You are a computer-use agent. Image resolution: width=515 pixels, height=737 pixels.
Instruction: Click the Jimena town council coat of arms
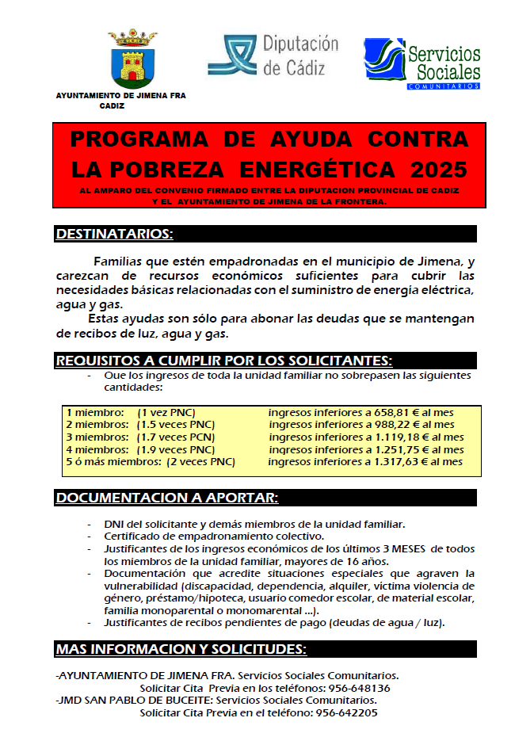pos(132,59)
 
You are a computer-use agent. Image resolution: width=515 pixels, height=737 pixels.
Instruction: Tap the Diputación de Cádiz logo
pos(273,56)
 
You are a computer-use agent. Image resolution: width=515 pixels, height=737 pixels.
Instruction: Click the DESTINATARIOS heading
pos(114,234)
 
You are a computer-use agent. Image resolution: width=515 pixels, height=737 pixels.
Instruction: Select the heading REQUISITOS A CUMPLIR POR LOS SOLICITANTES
pos(223,361)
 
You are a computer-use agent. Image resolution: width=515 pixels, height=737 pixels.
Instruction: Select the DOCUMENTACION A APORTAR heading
pos(166,498)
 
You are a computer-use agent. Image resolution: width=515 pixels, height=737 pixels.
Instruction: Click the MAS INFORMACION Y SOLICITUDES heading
pos(181,650)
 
